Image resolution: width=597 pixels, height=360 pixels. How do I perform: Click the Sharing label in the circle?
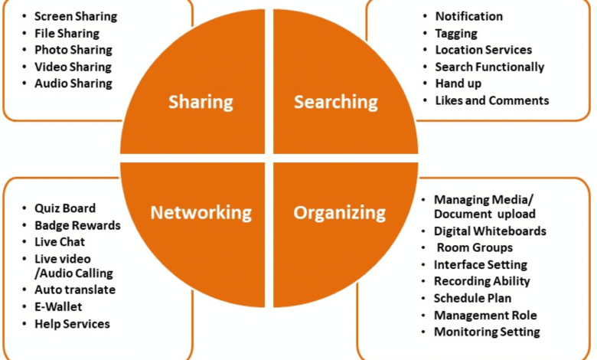[x=201, y=102]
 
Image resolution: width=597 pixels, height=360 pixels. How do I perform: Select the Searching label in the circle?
[x=336, y=102]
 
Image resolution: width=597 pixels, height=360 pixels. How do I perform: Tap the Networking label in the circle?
[x=201, y=212]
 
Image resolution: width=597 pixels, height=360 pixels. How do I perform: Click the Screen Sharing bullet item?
[x=74, y=16]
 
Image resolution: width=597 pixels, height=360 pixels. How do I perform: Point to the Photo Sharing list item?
[x=73, y=50]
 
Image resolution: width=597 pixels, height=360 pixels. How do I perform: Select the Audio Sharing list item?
[x=73, y=83]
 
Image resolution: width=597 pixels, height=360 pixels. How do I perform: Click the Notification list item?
[x=469, y=16]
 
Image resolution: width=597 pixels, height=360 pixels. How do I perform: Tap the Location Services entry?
[x=484, y=50]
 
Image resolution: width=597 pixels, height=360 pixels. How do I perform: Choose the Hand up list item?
[x=458, y=83]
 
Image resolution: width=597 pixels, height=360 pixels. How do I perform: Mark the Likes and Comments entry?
[x=492, y=100]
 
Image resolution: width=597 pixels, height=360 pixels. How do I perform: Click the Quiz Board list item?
[x=65, y=208]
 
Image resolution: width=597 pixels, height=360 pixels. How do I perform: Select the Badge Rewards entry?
[x=77, y=225]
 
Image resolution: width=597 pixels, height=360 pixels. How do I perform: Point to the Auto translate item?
[x=75, y=290]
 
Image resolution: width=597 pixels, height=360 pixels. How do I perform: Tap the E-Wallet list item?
[x=58, y=306]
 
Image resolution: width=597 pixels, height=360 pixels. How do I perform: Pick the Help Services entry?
[x=72, y=323]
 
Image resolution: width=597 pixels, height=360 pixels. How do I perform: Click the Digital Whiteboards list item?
[x=490, y=231]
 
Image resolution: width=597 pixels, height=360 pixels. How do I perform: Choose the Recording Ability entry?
[x=482, y=281]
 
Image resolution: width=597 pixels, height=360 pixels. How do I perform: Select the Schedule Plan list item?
[x=472, y=298]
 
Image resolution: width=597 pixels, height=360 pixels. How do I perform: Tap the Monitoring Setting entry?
[x=487, y=332]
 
